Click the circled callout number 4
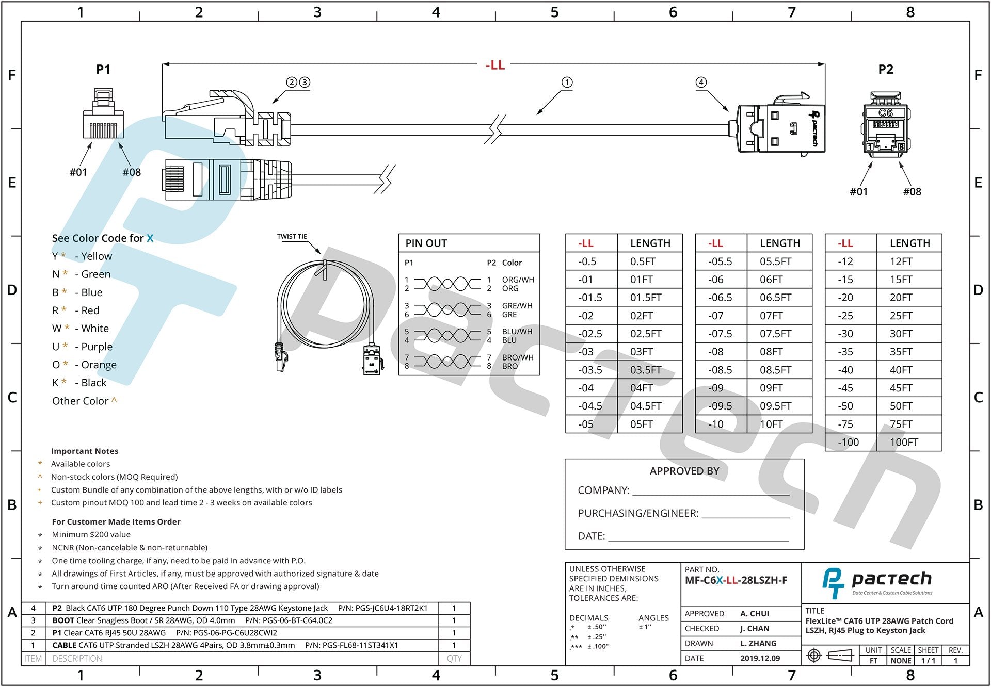tap(700, 83)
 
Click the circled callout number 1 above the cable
tap(567, 83)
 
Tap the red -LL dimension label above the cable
tap(495, 65)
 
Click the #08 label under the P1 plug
tap(132, 172)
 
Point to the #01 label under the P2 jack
tap(858, 192)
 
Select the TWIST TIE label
tap(292, 237)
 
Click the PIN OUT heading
tap(426, 243)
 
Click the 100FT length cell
tap(903, 443)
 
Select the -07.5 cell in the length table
tap(720, 334)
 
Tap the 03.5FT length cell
tap(645, 370)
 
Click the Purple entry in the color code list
tap(97, 347)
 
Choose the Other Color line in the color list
tap(81, 401)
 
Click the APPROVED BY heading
tap(684, 471)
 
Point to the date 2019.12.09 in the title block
tap(760, 658)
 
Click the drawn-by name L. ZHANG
tap(758, 643)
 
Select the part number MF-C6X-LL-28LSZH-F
tap(736, 580)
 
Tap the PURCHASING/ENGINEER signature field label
tap(637, 513)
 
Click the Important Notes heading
tap(85, 451)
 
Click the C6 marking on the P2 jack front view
tap(885, 113)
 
